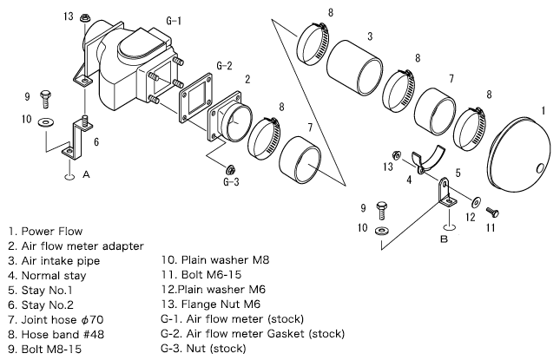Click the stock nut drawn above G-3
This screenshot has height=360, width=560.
click(x=231, y=167)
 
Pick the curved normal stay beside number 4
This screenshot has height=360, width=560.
click(x=427, y=161)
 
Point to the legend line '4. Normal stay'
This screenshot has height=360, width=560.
click(x=46, y=276)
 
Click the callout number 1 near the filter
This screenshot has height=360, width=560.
click(x=543, y=110)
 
